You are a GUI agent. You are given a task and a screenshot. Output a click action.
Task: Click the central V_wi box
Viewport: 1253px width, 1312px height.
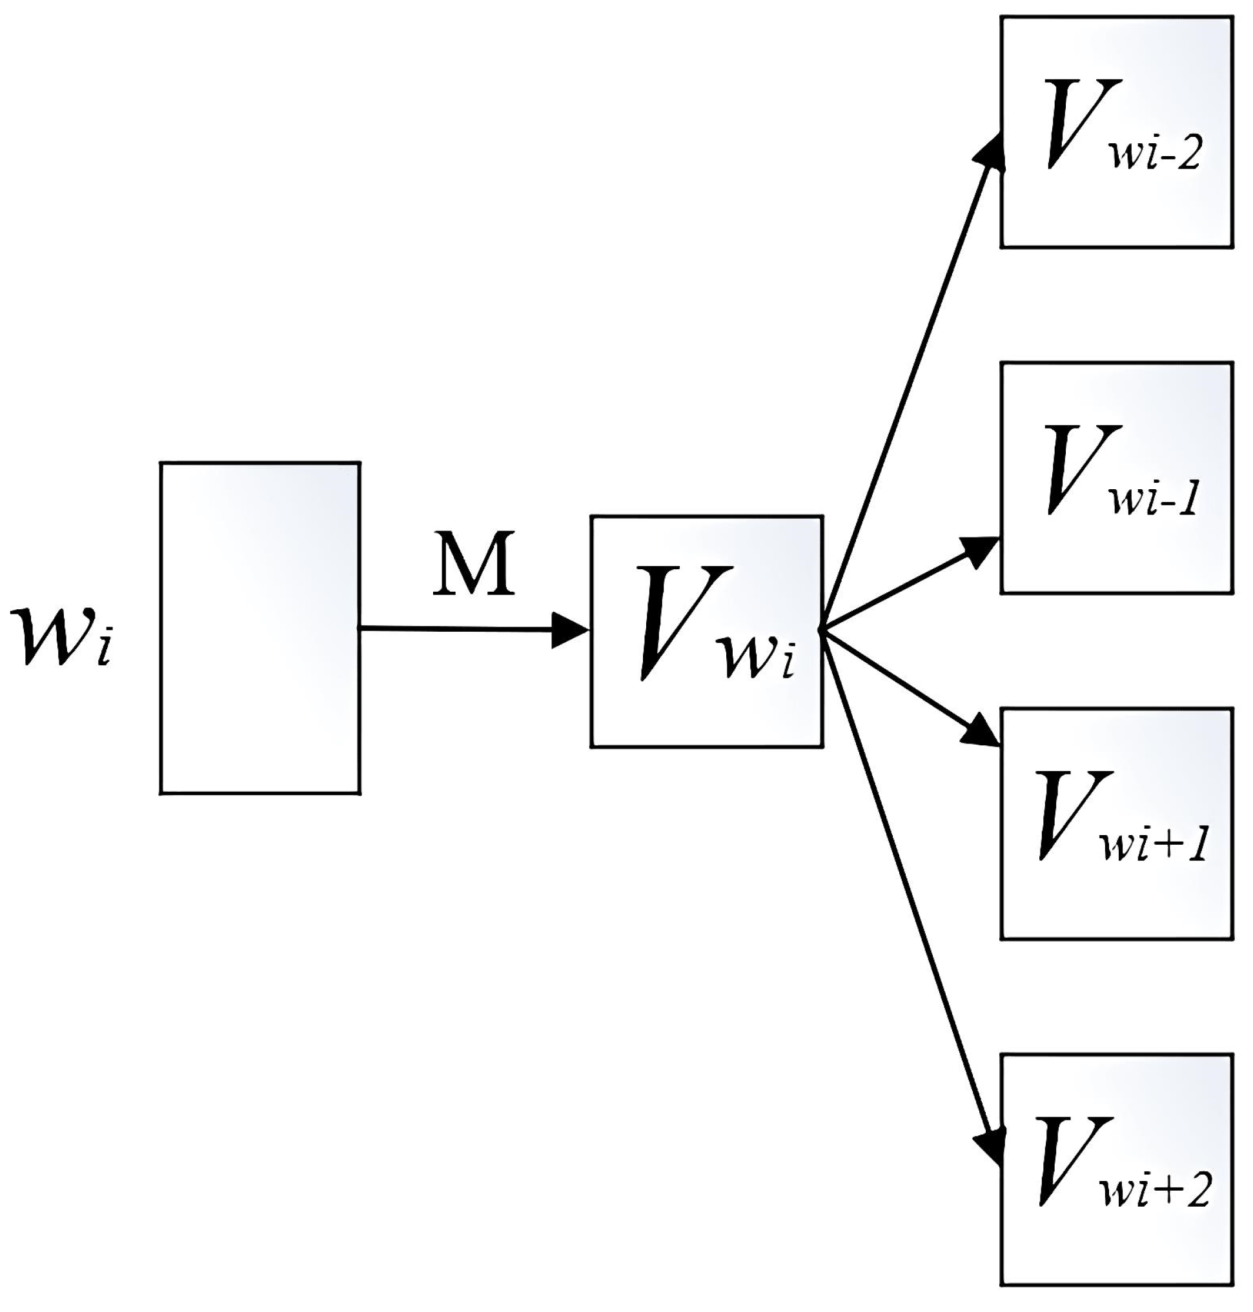point(707,631)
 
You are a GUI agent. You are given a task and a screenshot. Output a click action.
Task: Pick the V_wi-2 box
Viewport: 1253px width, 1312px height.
point(1116,132)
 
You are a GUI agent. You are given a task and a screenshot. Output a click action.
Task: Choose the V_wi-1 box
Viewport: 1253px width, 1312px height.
point(1116,478)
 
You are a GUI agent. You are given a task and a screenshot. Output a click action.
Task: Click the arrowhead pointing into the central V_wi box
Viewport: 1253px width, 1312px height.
point(570,629)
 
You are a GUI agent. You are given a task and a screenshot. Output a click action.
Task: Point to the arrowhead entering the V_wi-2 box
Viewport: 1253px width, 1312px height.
point(990,152)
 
